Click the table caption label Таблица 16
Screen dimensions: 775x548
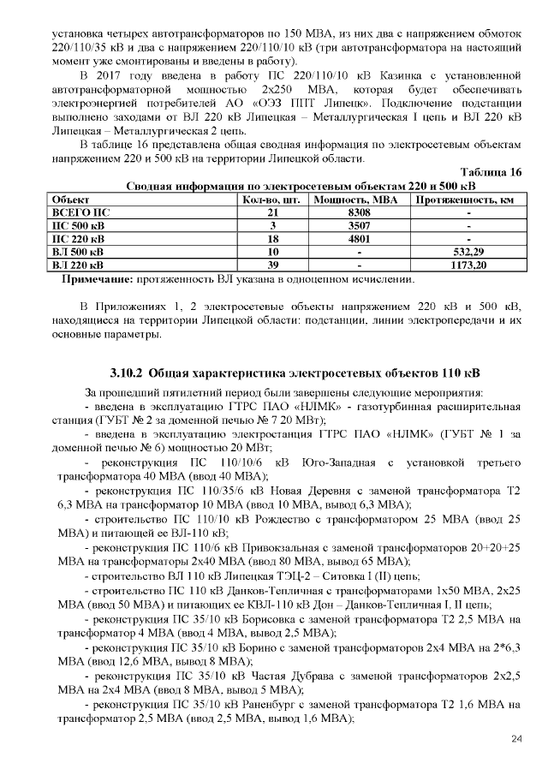[x=491, y=173]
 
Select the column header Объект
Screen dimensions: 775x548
[x=73, y=199]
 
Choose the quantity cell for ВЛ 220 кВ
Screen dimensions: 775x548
[x=273, y=266]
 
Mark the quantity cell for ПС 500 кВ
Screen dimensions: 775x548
[x=273, y=225]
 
